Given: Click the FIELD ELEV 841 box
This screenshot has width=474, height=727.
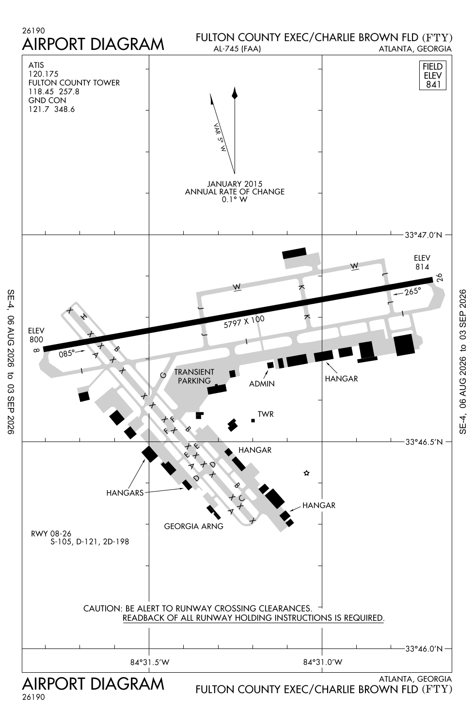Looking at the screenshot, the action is point(432,75).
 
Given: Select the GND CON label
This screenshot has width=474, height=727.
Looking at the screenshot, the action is point(47,100).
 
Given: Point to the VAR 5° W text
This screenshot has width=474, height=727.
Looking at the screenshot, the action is point(220,138).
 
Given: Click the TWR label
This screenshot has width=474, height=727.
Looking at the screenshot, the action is point(266,414).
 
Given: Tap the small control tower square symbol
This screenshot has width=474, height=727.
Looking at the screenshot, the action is point(253,421).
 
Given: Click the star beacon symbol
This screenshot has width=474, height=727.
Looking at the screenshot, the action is point(306,473).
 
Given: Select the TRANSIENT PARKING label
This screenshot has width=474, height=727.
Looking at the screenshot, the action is point(194,376).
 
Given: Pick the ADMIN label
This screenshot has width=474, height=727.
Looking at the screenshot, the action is point(262,384).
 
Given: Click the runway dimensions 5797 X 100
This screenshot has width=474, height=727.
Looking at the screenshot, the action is point(244,322).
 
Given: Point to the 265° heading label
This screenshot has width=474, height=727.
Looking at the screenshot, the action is point(412,291).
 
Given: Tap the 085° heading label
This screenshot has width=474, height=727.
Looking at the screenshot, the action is point(66,353).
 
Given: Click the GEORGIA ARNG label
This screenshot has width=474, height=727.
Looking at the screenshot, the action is point(193,526).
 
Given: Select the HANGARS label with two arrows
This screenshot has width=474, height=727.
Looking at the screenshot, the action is point(125,493).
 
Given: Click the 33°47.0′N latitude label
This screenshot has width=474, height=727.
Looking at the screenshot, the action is point(424,235).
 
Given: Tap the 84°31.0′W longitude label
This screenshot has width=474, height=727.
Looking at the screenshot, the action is point(322,662).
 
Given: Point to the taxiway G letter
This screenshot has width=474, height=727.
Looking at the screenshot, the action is point(163,375).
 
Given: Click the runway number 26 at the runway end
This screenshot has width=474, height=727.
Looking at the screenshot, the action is point(439,278).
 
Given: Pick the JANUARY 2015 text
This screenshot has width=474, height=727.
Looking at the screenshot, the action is point(235,184).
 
